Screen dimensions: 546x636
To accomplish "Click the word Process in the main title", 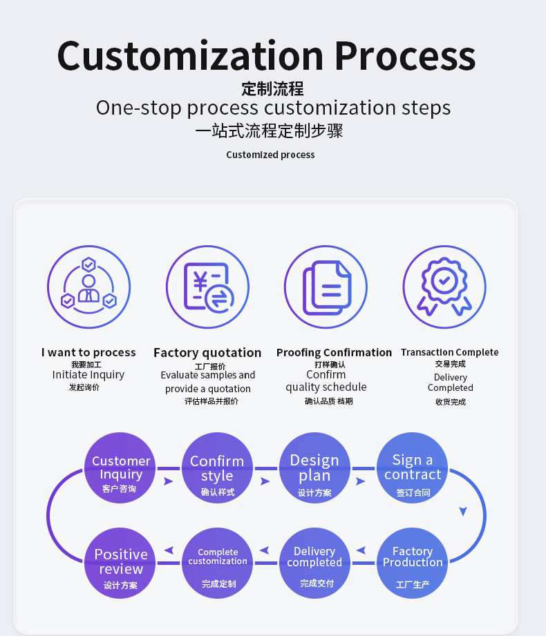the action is point(405,57).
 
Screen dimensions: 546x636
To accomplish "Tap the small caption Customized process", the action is point(270,155).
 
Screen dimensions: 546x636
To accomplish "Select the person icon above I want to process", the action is point(89,287).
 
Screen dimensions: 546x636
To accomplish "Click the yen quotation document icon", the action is point(207,287).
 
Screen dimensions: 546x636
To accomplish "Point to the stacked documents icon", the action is point(326,287).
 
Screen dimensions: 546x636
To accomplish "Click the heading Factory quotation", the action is point(207,353).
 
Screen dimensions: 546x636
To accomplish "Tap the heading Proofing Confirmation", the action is point(334,352).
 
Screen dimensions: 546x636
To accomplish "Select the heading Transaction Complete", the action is point(450,352).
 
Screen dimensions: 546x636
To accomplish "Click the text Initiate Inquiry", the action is point(88,375).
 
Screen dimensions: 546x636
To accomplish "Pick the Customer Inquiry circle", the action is point(120,468).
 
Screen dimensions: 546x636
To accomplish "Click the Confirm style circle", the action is point(217,468).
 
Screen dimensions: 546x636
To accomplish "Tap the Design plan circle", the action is point(314,468).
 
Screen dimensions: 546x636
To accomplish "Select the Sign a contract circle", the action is point(412,468).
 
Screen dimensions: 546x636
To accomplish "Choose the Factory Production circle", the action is point(412,563).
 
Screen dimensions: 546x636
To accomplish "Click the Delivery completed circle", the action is point(314,563).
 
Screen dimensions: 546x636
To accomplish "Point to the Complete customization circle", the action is point(217,563).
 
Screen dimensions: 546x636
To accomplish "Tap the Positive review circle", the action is point(120,563).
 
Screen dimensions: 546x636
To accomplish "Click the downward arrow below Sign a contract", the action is point(463,511).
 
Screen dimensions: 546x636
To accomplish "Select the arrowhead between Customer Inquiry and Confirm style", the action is point(168,481).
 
